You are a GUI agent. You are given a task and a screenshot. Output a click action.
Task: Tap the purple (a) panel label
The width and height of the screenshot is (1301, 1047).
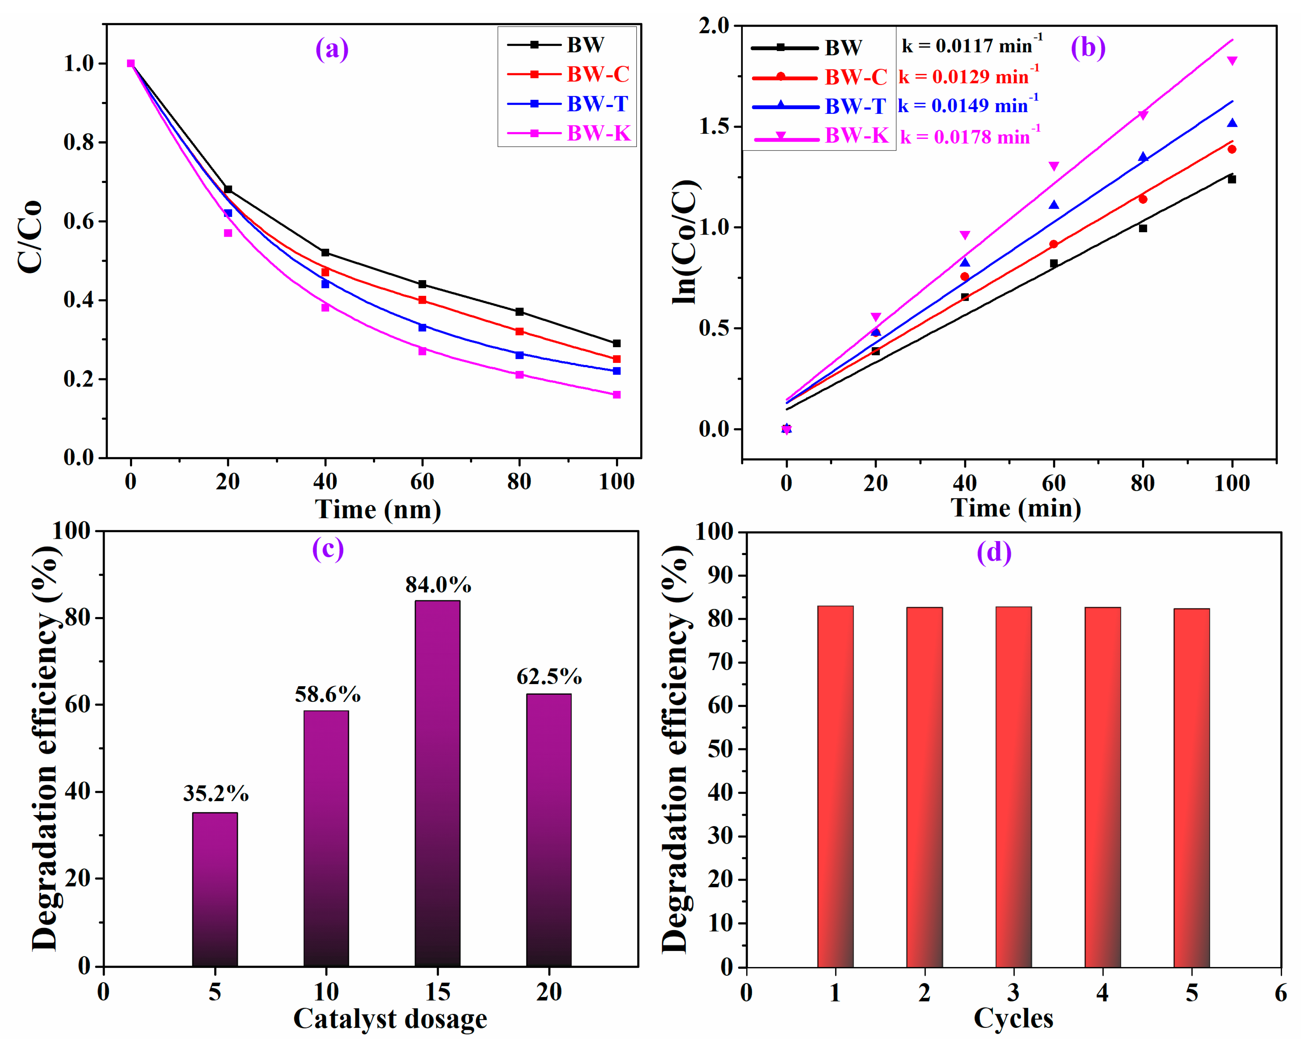332,49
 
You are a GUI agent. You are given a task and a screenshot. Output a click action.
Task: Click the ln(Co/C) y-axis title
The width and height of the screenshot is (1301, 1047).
685,241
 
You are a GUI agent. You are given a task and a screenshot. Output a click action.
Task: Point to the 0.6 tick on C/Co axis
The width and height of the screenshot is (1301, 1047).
79,221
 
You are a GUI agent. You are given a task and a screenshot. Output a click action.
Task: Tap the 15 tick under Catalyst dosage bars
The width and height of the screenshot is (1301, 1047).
438,992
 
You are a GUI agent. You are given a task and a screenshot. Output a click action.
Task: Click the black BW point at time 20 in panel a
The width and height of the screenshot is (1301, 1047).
228,189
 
